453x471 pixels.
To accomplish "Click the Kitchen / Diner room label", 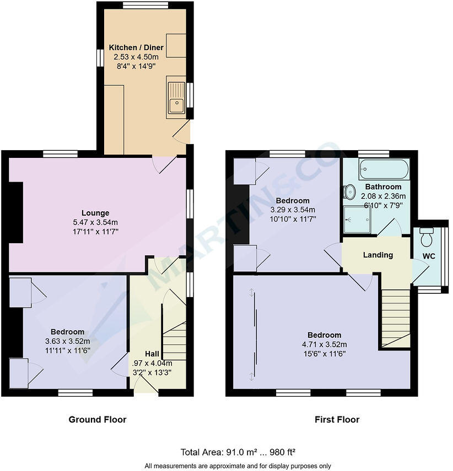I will pyautogui.click(x=136, y=48).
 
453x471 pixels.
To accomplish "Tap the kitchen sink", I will pyautogui.click(x=176, y=99).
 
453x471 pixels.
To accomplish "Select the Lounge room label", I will pyautogui.click(x=95, y=213).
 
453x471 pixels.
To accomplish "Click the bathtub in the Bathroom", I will pyautogui.click(x=384, y=169).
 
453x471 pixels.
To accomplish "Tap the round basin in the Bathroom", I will pyautogui.click(x=349, y=192).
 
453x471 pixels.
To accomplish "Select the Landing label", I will pyautogui.click(x=378, y=255).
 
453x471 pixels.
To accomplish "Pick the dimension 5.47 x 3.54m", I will pyautogui.click(x=95, y=222).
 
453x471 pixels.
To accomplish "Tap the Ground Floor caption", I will pyautogui.click(x=97, y=420).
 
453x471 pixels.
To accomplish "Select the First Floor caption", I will pyautogui.click(x=337, y=420).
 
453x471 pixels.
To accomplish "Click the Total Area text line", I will pyautogui.click(x=238, y=452).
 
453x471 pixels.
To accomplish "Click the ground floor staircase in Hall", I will pyautogui.click(x=175, y=336).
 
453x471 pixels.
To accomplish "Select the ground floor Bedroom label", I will pyautogui.click(x=67, y=332).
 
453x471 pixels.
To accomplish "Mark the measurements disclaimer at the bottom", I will pyautogui.click(x=238, y=466).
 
